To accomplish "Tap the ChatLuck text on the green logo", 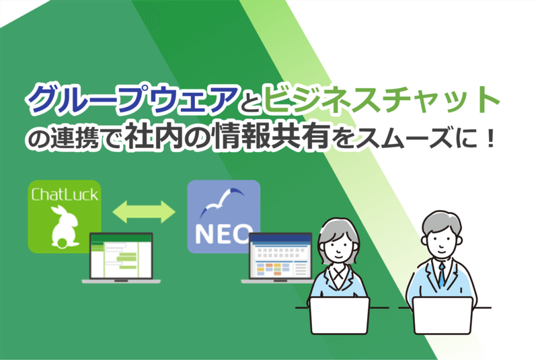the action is click(65, 194).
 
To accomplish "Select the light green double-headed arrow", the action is click(144, 212).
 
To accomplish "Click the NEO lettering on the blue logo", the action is click(223, 233).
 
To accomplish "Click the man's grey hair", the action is click(441, 222).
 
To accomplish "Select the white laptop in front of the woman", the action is click(340, 315).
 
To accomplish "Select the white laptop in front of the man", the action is click(443, 315).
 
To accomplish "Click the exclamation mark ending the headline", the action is click(490, 138).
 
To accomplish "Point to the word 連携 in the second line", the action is click(75, 138).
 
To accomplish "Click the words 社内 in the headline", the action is click(153, 137).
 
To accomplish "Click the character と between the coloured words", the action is click(251, 104).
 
